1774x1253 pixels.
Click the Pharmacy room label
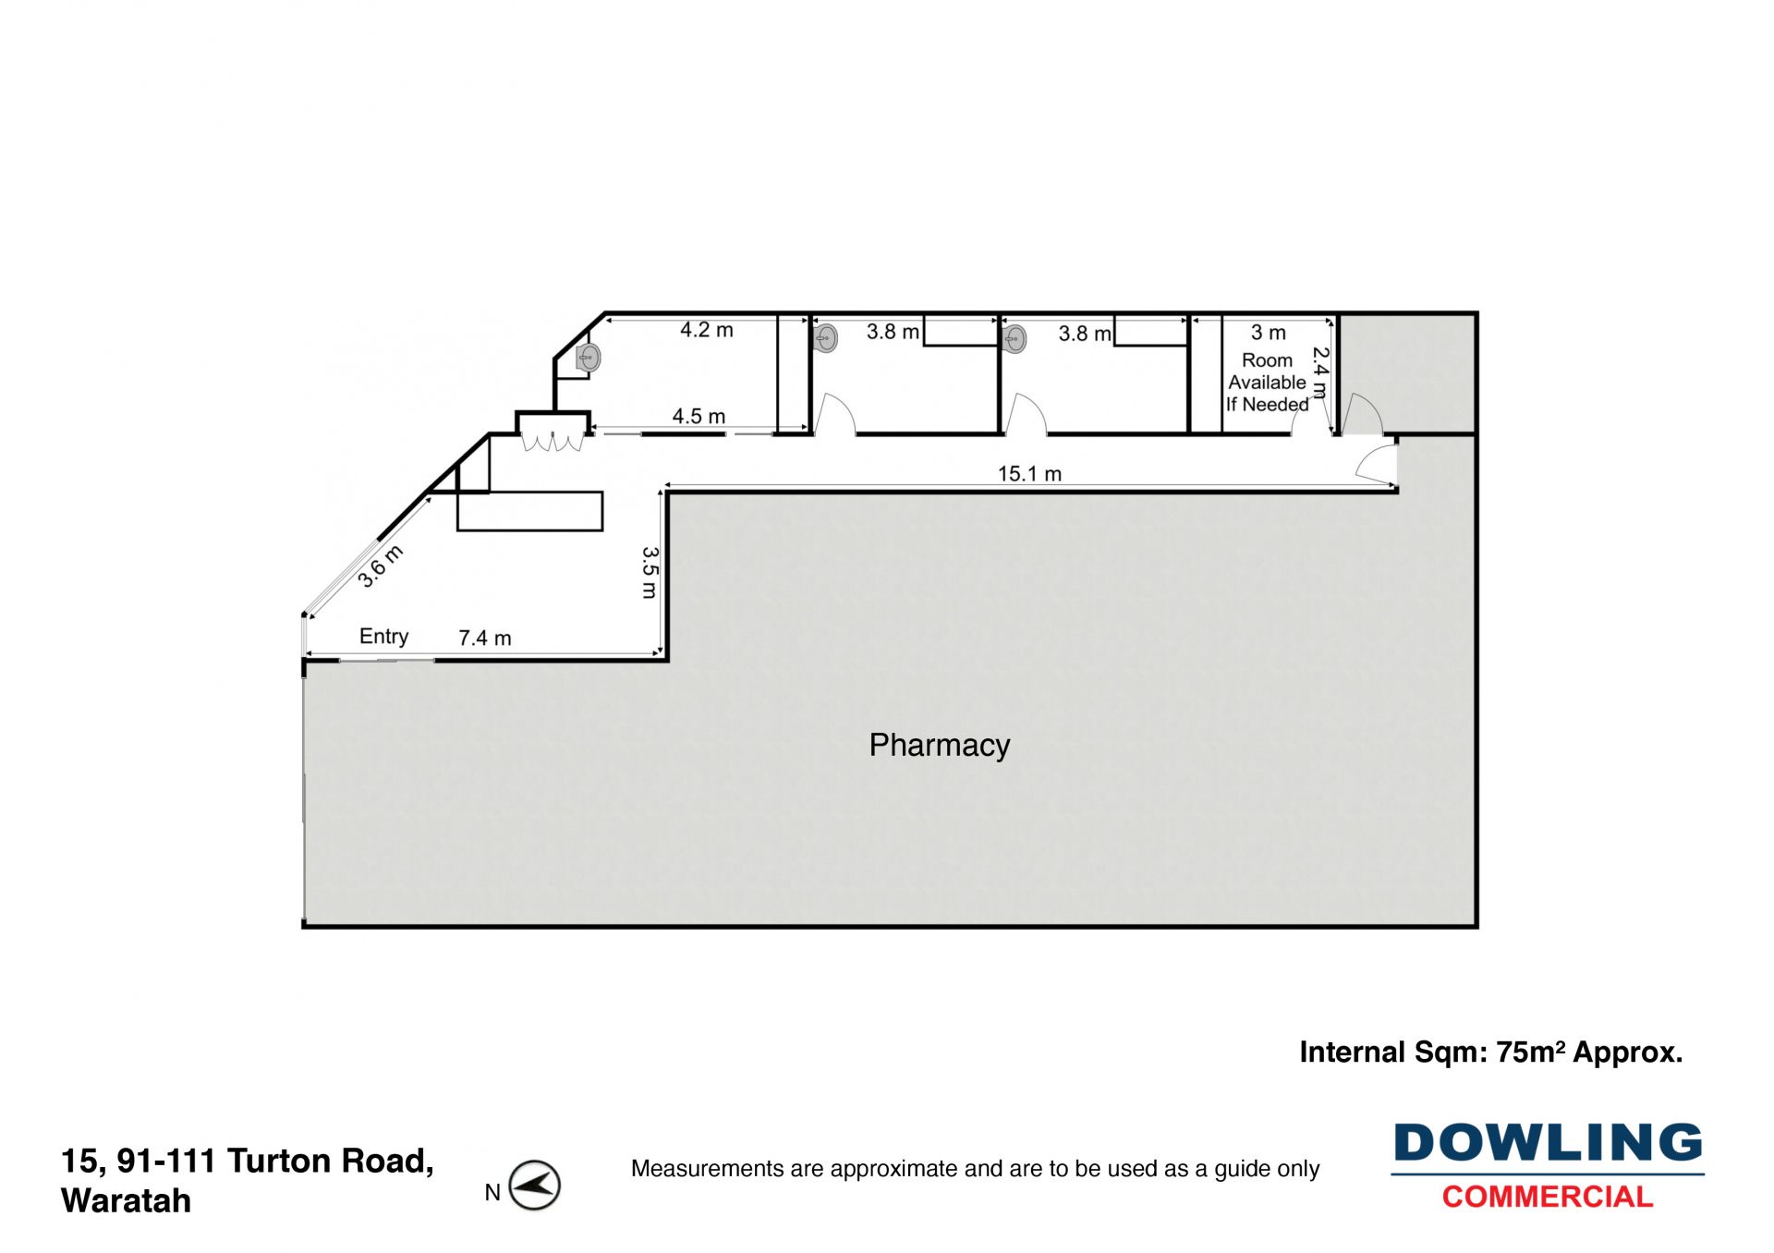939,745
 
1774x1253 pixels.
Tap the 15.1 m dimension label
1029,474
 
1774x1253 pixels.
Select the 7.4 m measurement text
484,638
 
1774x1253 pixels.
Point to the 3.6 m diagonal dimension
380,566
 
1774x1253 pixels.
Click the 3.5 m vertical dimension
650,572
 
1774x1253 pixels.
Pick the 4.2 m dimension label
706,330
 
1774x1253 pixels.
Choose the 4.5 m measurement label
699,417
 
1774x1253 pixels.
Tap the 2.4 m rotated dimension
1321,372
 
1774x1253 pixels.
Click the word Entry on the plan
383,636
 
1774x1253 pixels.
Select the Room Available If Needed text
1267,383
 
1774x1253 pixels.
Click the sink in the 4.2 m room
588,358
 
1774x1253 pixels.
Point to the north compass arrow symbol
535,1186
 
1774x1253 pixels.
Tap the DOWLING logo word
1548,1143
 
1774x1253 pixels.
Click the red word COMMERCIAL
1548,1197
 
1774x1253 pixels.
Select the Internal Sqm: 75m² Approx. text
1490,1052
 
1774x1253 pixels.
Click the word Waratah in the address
126,1200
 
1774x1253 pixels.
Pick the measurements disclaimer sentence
975,1169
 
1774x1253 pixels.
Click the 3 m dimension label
1268,333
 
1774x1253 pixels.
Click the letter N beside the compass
492,1193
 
